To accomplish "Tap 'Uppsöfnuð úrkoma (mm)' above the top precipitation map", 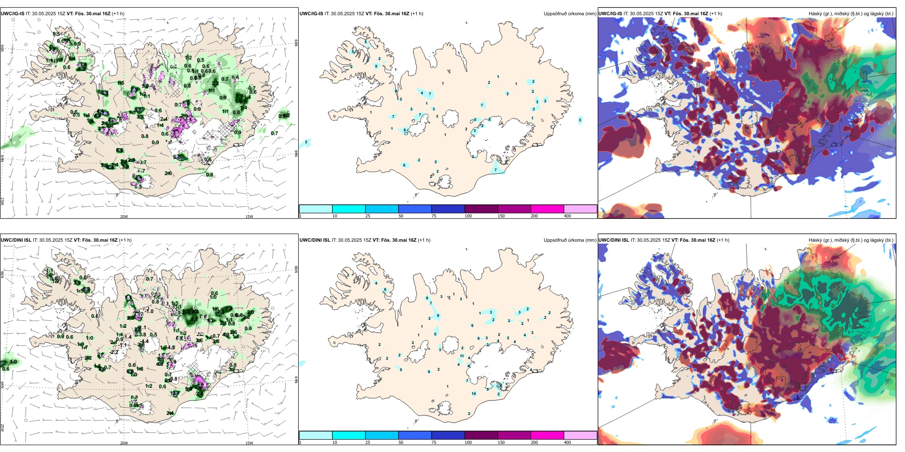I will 570,14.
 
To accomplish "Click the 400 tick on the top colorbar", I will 567,216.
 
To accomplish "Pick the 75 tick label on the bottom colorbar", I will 434,442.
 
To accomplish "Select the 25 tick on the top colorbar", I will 368,216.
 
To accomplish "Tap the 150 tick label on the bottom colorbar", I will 501,442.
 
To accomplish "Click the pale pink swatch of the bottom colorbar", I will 580,435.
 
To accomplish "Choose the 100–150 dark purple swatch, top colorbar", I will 481,209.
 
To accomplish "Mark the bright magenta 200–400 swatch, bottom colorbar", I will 547,435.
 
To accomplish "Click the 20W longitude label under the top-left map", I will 124,216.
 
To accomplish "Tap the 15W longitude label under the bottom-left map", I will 249,443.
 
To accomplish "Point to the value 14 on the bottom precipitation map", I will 473,393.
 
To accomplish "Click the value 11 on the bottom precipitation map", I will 462,356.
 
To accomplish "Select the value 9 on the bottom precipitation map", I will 438,316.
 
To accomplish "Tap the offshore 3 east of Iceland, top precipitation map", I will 580,120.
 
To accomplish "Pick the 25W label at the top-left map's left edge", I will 2,201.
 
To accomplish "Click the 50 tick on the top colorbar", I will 401,216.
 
